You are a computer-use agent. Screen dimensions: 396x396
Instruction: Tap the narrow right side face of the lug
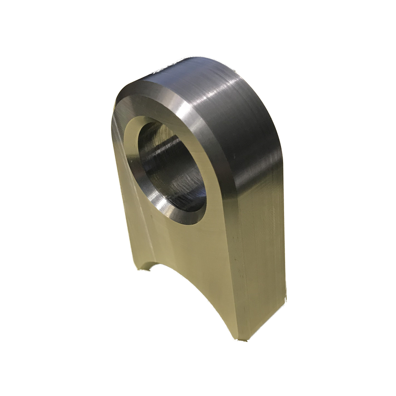point(262,247)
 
